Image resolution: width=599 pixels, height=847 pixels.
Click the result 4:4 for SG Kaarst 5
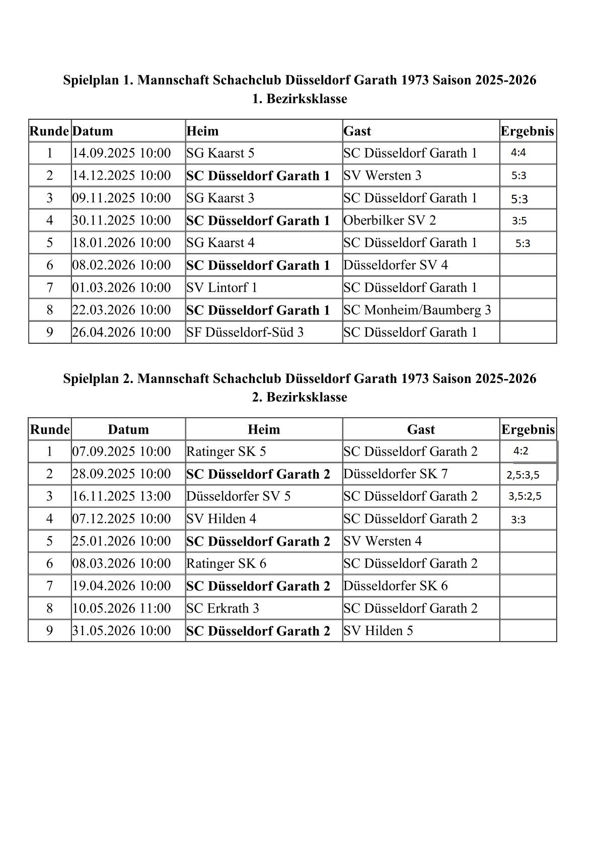click(x=518, y=153)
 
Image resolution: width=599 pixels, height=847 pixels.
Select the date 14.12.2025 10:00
click(x=121, y=176)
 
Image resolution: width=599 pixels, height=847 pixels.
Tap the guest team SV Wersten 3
click(x=383, y=176)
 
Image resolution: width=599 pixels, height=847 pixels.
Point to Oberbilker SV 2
click(x=390, y=220)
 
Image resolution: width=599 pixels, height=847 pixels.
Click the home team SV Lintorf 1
click(x=221, y=288)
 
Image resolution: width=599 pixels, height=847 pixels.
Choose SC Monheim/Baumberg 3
click(x=417, y=310)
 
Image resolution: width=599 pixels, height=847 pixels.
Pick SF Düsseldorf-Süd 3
click(x=245, y=333)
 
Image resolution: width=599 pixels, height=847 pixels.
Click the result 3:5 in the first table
click(x=519, y=221)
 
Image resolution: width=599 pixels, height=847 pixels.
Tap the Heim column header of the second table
click(x=264, y=430)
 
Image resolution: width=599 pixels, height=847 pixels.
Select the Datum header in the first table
click(x=93, y=131)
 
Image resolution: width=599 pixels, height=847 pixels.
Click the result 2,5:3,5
click(x=523, y=475)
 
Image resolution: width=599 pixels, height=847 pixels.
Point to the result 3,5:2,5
click(x=525, y=496)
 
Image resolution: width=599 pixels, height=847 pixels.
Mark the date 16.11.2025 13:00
click(x=121, y=497)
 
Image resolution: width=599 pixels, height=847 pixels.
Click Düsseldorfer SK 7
click(x=395, y=474)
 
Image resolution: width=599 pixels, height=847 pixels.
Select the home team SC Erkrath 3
click(x=222, y=608)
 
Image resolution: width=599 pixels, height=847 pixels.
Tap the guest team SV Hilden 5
click(x=378, y=631)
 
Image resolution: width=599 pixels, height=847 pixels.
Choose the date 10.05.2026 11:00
click(x=121, y=608)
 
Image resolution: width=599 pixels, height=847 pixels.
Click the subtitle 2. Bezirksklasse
click(x=299, y=398)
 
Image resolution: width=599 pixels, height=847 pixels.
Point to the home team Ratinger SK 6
click(x=226, y=564)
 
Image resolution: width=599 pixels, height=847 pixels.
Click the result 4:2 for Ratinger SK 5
click(x=521, y=451)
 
